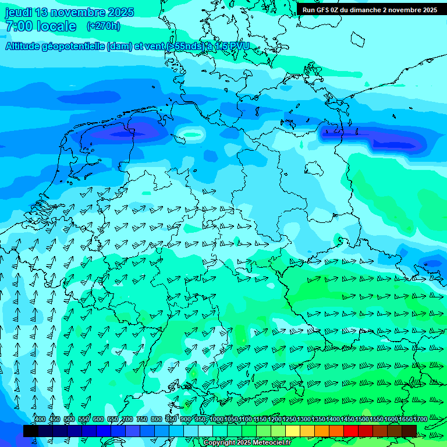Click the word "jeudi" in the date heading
pos(19,12)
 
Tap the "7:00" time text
pos(19,26)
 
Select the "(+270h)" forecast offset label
pos(104,26)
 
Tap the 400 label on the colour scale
pos(40,419)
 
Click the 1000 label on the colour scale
pos(216,419)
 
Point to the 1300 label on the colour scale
pos(304,419)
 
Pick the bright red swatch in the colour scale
pos(351,431)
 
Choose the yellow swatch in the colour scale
pos(293,431)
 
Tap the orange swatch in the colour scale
pos(322,431)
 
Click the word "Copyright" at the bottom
pos(219,443)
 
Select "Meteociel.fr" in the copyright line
pos(272,443)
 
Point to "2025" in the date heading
pos(120,12)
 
